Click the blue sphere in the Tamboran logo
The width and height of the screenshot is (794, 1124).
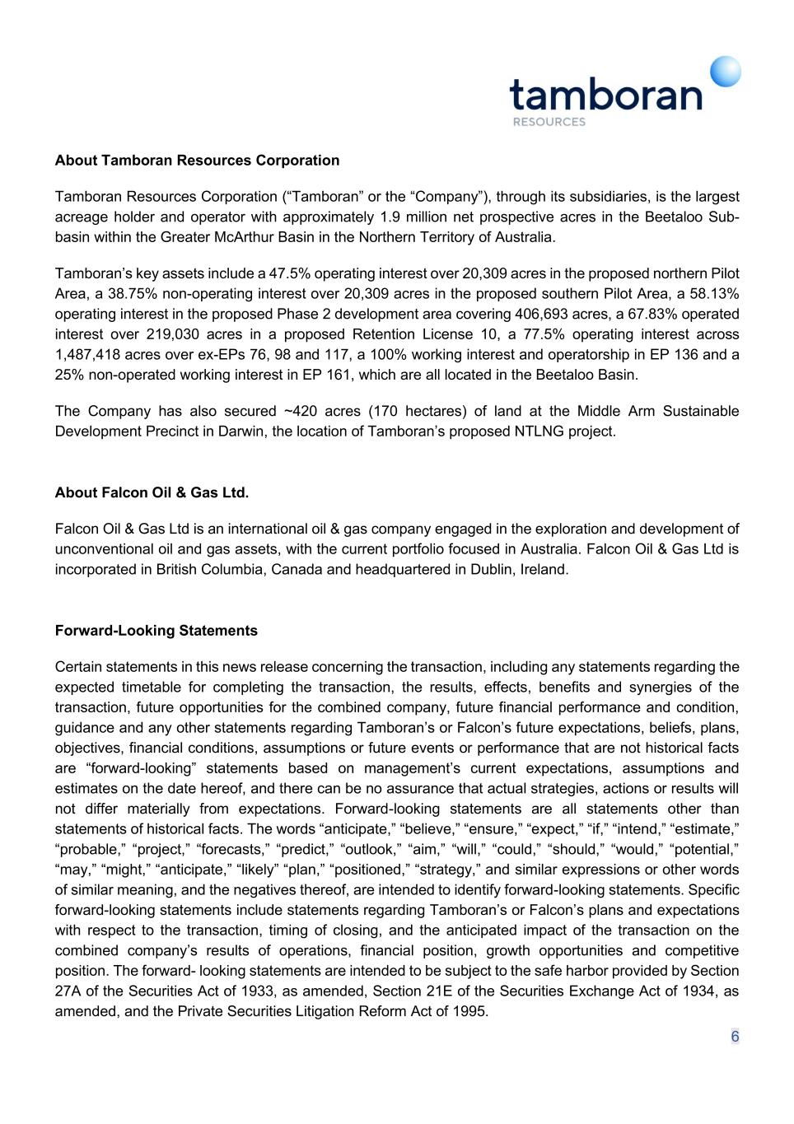[726, 72]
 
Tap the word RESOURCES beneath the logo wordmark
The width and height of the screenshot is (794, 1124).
[549, 122]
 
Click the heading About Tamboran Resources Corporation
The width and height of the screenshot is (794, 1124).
[197, 160]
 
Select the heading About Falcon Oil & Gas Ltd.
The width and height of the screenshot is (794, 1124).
[152, 492]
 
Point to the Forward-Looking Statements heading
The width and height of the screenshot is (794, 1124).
[156, 631]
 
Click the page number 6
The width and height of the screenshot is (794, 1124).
[735, 1037]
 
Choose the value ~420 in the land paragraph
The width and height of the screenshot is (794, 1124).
[302, 411]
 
